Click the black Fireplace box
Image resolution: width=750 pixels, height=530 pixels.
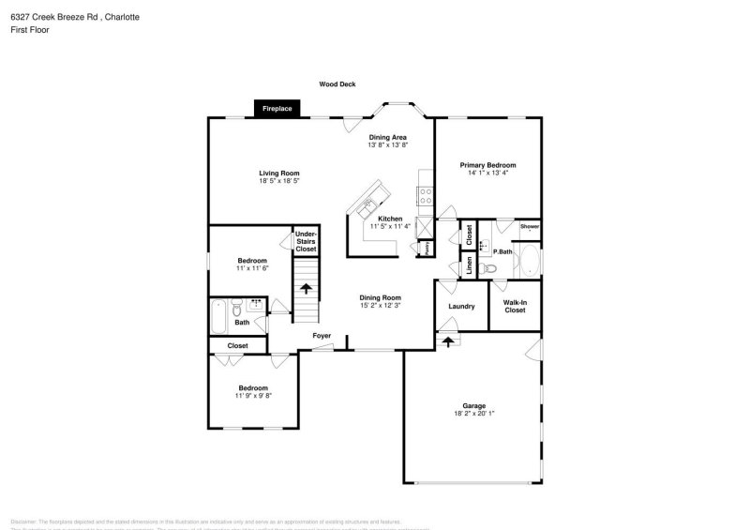tap(277, 109)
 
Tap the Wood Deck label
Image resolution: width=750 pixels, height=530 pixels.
tap(337, 83)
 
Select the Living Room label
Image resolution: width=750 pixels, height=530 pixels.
tap(279, 173)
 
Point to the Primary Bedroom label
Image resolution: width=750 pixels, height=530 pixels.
tap(487, 165)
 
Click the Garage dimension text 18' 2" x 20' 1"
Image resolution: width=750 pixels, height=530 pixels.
tap(473, 414)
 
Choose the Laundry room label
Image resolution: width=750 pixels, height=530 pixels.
tap(461, 306)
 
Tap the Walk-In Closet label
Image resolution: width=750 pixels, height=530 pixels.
tap(515, 306)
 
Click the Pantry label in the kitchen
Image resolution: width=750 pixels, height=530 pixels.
tap(427, 248)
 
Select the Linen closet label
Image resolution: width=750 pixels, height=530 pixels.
tap(469, 266)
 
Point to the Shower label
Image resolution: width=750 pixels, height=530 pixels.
tap(530, 226)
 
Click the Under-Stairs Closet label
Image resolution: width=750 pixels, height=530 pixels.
tap(306, 241)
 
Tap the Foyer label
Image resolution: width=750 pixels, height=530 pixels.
tap(322, 335)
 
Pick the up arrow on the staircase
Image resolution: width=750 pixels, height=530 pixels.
tap(306, 288)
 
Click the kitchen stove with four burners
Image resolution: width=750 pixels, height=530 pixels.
tap(426, 196)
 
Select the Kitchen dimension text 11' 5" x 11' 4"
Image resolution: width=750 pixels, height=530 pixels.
tap(390, 226)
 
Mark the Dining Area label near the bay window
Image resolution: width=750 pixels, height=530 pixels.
tap(387, 137)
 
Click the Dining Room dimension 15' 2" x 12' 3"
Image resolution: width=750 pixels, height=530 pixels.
tap(381, 306)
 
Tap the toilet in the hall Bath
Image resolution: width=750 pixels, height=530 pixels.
tap(238, 308)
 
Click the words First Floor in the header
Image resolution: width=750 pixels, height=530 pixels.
tap(31, 30)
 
